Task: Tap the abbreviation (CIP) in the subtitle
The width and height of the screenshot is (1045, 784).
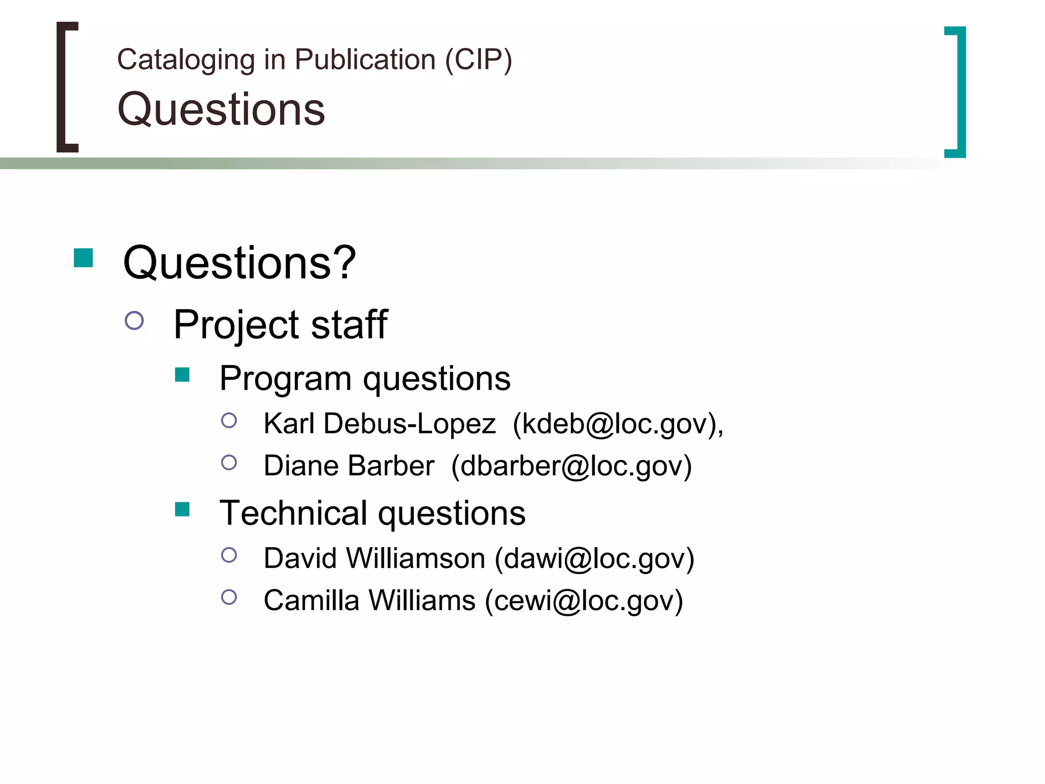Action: pos(478,60)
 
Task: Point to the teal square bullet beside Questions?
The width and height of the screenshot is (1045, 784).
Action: pos(83,258)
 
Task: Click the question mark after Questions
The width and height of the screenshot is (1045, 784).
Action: pos(345,262)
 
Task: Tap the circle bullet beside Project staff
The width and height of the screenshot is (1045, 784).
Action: pos(134,321)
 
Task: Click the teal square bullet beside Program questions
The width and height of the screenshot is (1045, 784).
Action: pos(182,375)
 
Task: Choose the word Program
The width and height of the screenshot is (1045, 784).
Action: pos(285,379)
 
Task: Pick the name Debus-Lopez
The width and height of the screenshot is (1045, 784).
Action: pos(409,424)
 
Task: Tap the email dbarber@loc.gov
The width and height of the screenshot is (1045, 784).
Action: pos(571,466)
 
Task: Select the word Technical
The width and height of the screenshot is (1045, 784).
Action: pos(293,513)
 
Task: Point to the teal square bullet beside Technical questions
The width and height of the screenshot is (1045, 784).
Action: pos(182,509)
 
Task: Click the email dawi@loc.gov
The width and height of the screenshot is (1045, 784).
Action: pos(594,558)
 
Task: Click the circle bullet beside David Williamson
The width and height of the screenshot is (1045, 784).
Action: pos(229,555)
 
